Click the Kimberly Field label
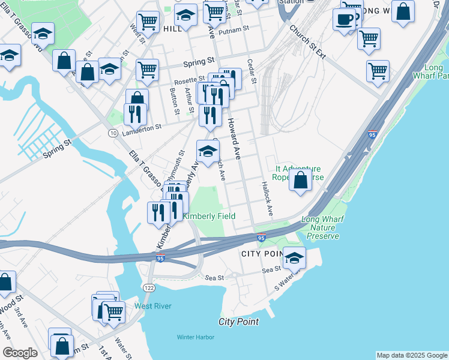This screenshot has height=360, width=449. pyautogui.click(x=208, y=216)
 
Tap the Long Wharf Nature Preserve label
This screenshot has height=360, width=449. pyautogui.click(x=323, y=228)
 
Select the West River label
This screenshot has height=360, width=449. pyautogui.click(x=152, y=306)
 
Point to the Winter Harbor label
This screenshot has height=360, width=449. pyautogui.click(x=195, y=337)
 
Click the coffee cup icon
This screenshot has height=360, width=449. pyautogui.click(x=345, y=17)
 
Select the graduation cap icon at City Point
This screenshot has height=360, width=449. pyautogui.click(x=294, y=257)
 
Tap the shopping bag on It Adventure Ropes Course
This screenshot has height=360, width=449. pyautogui.click(x=300, y=178)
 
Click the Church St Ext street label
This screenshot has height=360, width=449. pyautogui.click(x=307, y=42)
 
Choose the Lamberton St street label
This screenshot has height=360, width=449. pyautogui.click(x=142, y=127)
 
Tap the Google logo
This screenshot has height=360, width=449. pyautogui.click(x=20, y=353)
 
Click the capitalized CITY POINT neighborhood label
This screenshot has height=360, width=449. pyautogui.click(x=262, y=254)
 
